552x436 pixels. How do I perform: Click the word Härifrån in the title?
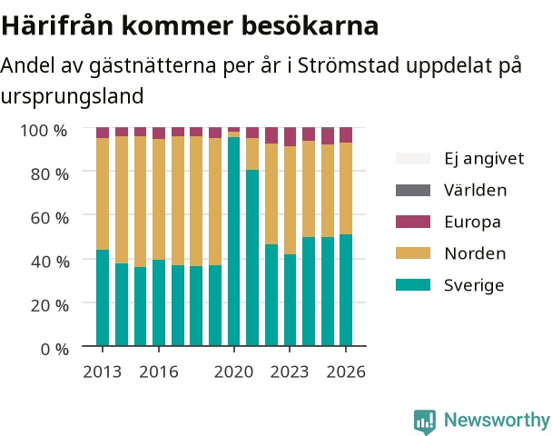tap(58, 25)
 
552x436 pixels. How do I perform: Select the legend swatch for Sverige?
tap(413, 285)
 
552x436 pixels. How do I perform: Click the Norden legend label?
tap(475, 253)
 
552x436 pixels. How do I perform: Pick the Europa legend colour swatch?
tap(413, 222)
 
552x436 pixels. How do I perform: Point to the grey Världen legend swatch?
tap(413, 190)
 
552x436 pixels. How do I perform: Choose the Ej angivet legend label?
tap(484, 159)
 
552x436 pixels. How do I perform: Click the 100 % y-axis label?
tap(44, 131)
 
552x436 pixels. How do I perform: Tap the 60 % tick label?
tap(49, 218)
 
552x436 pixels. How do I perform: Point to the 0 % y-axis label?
tap(54, 350)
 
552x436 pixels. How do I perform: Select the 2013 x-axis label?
tap(102, 372)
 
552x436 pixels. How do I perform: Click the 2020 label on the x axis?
tap(233, 372)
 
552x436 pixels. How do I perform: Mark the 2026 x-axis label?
tap(346, 372)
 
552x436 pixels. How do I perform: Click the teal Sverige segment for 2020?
tap(233, 242)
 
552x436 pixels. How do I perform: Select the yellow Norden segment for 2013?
tap(103, 193)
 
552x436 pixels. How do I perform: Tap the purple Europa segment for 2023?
tap(291, 136)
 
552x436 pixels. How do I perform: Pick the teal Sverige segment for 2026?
tap(346, 290)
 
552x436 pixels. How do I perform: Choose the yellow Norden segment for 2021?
tap(252, 154)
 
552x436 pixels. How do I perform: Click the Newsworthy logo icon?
tap(425, 421)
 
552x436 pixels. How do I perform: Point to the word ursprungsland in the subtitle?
tap(72, 96)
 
